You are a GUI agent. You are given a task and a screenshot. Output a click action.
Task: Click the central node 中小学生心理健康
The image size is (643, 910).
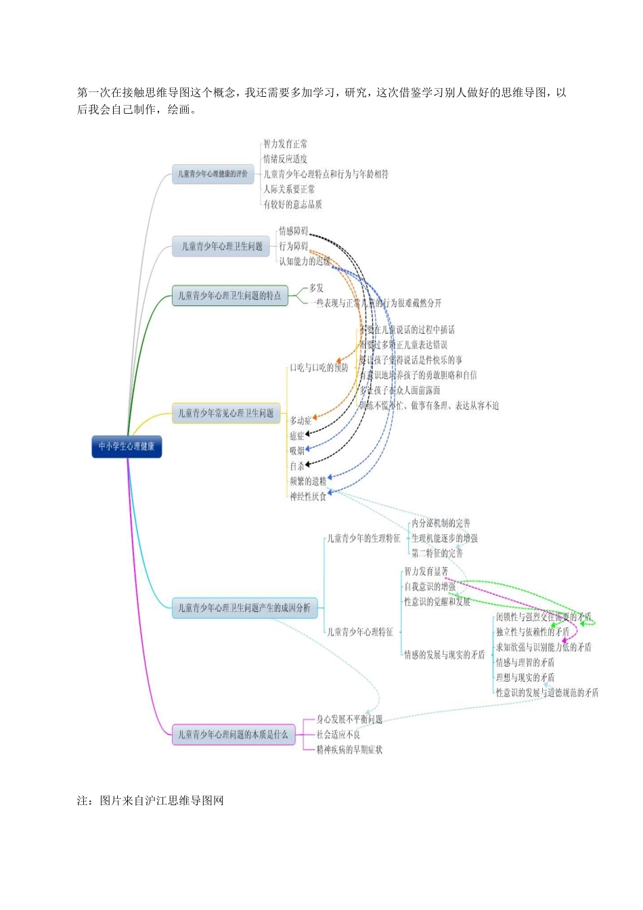click(127, 446)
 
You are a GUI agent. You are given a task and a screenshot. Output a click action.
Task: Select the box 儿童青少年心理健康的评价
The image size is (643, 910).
click(213, 174)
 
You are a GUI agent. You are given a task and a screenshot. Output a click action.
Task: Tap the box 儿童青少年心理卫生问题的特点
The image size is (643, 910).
click(229, 296)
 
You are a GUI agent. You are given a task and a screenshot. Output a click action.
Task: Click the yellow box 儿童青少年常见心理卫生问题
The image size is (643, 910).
click(226, 413)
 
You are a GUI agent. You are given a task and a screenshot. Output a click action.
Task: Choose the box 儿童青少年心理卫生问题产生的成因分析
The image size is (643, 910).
click(244, 608)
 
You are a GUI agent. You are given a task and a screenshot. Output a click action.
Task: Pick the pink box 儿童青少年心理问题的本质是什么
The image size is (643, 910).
click(233, 735)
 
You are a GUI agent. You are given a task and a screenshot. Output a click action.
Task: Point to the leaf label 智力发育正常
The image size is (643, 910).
click(285, 144)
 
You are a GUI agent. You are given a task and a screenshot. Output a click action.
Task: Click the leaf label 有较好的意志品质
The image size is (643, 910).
click(292, 204)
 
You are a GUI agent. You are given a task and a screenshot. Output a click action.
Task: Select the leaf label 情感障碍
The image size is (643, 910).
click(293, 232)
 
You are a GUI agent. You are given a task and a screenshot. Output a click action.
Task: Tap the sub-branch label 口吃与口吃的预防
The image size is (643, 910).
click(319, 368)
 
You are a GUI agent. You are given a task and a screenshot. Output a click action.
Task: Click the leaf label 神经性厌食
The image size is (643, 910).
click(308, 496)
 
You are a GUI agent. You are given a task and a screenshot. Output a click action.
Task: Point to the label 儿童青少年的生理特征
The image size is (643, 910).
click(363, 538)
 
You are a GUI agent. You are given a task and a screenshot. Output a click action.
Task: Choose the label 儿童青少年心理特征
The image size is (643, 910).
click(360, 632)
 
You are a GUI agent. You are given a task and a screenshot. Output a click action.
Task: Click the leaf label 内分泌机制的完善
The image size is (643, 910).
click(441, 523)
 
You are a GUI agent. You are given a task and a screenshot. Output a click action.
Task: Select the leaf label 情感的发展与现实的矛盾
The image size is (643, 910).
click(444, 655)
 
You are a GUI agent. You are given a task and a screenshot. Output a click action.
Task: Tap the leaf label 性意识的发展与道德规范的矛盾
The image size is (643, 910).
click(547, 693)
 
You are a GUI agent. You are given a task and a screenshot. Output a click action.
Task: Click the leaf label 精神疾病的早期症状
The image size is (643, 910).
click(349, 750)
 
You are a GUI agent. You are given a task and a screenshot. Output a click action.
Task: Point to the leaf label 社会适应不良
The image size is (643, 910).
click(338, 735)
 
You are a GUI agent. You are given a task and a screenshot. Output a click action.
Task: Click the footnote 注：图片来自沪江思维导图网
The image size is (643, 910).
click(150, 800)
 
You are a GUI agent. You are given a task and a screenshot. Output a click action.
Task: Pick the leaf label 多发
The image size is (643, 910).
click(316, 288)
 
